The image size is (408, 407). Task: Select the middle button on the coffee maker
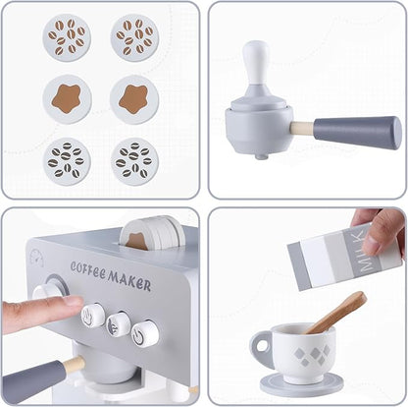(x=120, y=323)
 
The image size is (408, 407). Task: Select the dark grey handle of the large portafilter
(x=357, y=132)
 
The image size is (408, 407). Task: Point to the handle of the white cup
(x=261, y=346)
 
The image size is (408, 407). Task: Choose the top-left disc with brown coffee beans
(x=67, y=37)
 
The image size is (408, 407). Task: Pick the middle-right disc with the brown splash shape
(x=134, y=99)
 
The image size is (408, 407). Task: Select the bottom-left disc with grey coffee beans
(x=67, y=159)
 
